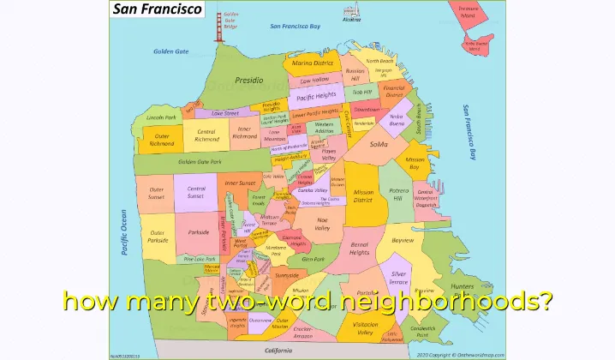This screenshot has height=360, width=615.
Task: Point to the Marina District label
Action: tap(312, 63)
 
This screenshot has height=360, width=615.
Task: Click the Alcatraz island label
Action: tap(352, 19)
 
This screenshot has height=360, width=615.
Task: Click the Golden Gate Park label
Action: tap(200, 161)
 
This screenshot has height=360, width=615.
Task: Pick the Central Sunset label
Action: tap(196, 192)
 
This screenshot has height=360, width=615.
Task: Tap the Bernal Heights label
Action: tap(360, 249)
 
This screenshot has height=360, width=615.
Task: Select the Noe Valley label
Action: tap(322, 225)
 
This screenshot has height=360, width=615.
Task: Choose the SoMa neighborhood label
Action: tap(379, 144)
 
